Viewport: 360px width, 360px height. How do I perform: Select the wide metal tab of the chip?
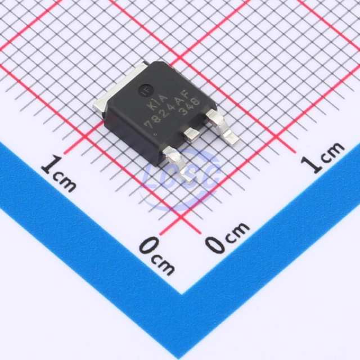click(120, 87)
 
